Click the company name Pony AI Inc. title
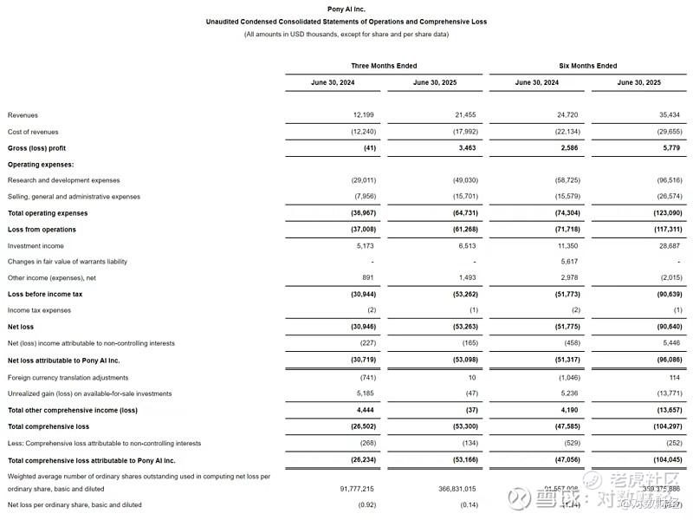[x=346, y=9]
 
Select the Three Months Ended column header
[x=383, y=66]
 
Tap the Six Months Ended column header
[x=588, y=66]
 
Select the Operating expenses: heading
[x=40, y=164]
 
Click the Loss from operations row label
[x=42, y=230]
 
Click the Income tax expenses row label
[x=39, y=310]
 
